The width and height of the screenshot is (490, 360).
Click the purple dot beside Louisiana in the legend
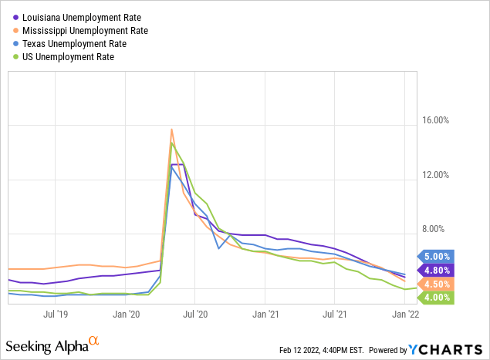coord(16,18)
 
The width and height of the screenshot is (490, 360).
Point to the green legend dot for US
coord(16,57)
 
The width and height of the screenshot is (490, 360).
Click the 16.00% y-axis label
coord(436,120)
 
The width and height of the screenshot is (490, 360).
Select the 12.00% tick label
coord(436,175)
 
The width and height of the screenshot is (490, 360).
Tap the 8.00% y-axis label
coord(433,229)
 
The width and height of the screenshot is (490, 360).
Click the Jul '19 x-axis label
coord(56,314)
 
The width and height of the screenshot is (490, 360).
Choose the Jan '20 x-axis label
coord(126,314)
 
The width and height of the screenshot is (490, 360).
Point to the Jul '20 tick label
coord(195,314)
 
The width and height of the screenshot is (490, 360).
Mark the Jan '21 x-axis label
coord(265,314)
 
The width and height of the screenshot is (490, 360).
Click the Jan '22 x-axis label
coord(405,314)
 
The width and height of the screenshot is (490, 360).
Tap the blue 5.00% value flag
coord(436,257)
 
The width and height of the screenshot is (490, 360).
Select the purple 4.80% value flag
coord(436,271)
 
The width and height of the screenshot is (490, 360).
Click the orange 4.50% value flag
coord(436,284)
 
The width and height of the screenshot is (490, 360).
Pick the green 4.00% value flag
coord(436,298)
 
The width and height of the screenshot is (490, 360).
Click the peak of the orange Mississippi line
coord(171,130)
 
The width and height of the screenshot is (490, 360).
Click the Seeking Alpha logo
coord(52,345)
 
